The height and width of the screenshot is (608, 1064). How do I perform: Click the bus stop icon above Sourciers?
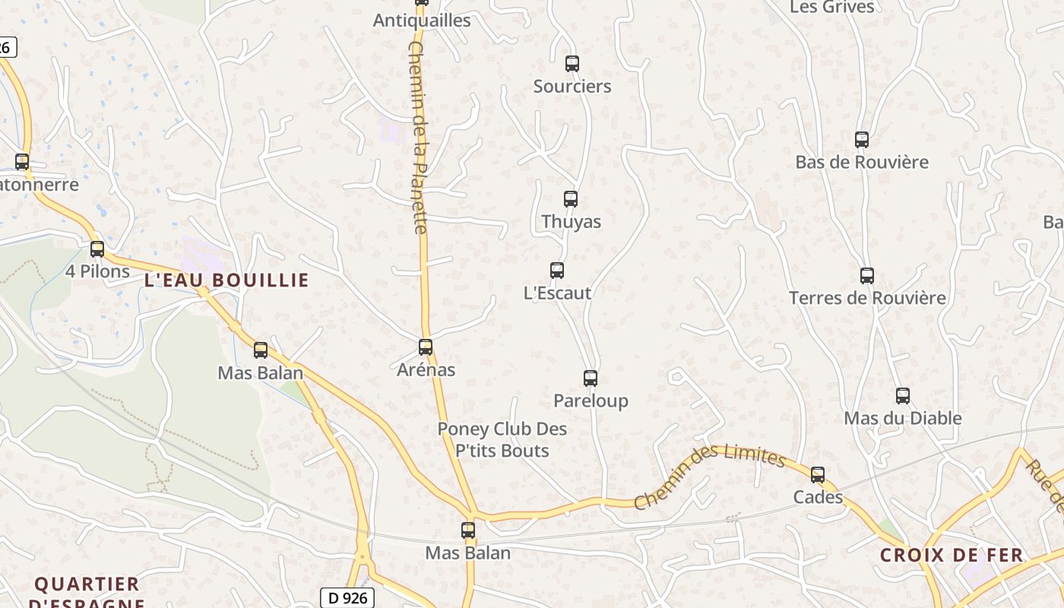tap(572, 64)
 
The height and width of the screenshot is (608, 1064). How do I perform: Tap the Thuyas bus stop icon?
tap(571, 199)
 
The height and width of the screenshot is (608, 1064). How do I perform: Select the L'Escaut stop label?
tap(557, 293)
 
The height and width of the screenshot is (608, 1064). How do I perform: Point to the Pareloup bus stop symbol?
tap(591, 378)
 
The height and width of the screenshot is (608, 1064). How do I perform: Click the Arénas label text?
tap(426, 370)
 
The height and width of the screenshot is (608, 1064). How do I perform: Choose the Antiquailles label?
tap(422, 21)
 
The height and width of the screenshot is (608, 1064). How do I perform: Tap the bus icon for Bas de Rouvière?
tap(861, 140)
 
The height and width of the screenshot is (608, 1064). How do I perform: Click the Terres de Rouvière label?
tap(867, 298)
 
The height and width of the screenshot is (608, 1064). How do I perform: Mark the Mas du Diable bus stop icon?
tap(902, 396)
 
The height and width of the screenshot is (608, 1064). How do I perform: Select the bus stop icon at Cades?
tap(818, 475)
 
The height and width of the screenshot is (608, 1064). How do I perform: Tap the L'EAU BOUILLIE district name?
tap(226, 280)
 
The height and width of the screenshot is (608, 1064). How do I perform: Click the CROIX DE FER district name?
tap(952, 555)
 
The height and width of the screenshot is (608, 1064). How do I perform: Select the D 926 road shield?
tap(348, 598)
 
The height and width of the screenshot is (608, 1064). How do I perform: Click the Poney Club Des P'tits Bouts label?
tap(502, 440)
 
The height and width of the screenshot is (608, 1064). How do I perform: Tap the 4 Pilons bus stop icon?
tap(97, 249)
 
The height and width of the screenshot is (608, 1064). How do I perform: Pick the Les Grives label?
tap(832, 7)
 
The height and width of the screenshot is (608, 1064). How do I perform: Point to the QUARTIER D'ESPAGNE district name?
tap(87, 592)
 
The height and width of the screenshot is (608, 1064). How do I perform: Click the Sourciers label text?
tap(572, 87)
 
